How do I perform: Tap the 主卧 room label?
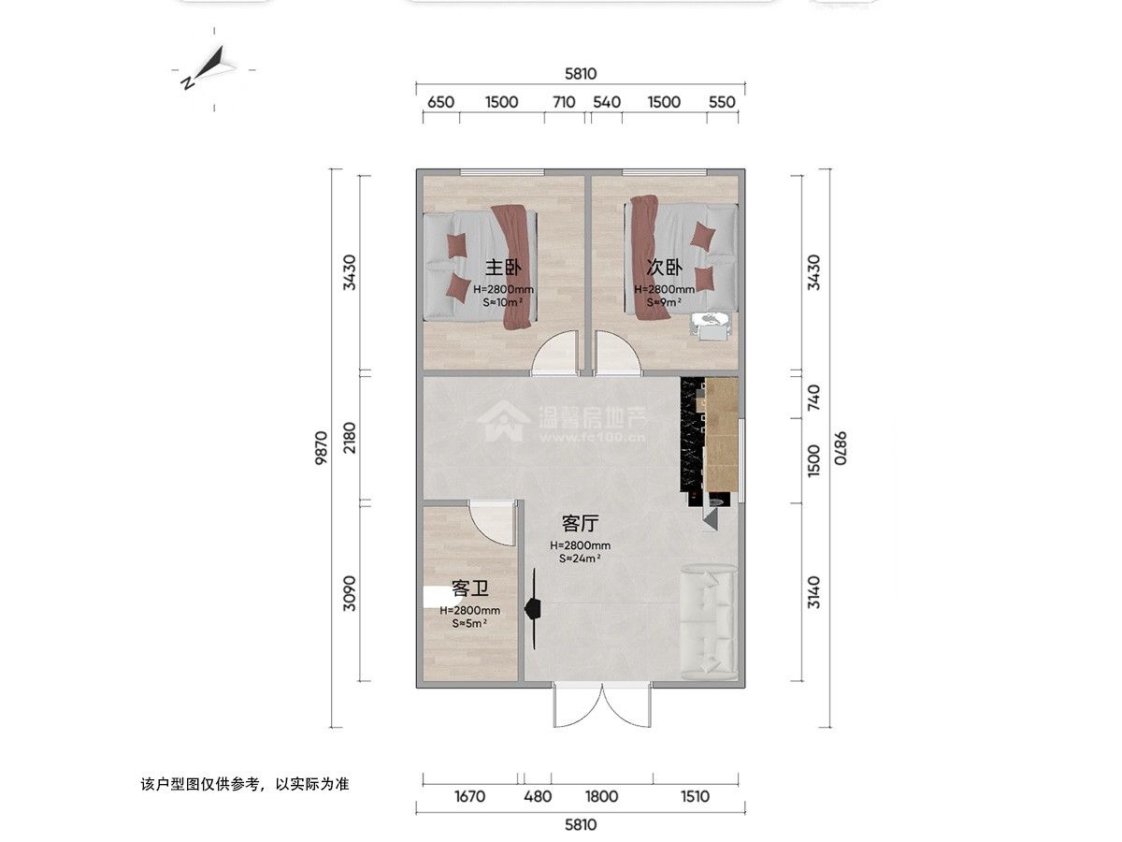[x=503, y=268]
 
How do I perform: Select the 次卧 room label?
[x=664, y=267]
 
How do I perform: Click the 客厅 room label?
[x=581, y=524]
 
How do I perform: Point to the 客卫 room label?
[x=469, y=589]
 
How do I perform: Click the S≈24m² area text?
[x=580, y=559]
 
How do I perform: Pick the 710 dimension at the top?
[x=565, y=102]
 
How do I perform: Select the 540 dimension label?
[x=607, y=102]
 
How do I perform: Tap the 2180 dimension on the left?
[x=350, y=438]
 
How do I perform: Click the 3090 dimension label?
[x=350, y=593]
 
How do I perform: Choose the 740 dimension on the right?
[x=813, y=398]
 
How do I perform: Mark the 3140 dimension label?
[x=813, y=592]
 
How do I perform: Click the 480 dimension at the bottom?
[x=538, y=796]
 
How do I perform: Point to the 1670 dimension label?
[x=469, y=796]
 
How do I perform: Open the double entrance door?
[x=603, y=704]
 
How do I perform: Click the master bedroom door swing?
[x=555, y=353]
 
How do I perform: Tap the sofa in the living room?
[x=709, y=622]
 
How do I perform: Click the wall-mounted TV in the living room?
[x=533, y=608]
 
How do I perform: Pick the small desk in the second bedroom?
[x=711, y=326]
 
